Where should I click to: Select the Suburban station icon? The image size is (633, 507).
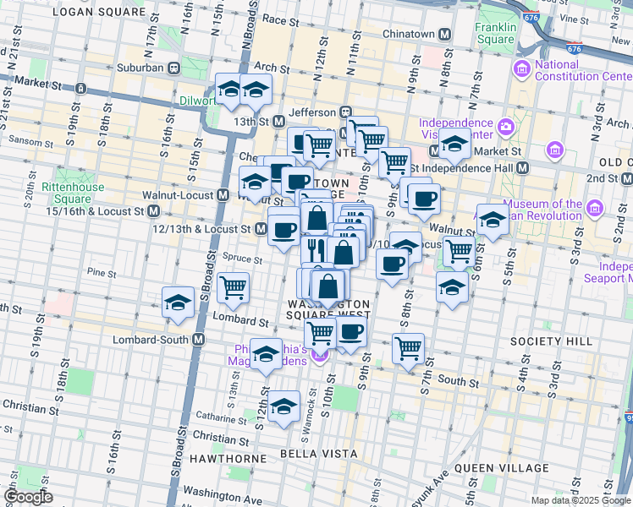[x=173, y=67]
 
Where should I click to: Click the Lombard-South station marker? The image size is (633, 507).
[x=199, y=340]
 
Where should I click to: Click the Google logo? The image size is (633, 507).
[x=29, y=497]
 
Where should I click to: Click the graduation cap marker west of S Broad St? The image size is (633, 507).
[x=179, y=303]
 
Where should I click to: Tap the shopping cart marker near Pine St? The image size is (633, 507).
[x=233, y=286]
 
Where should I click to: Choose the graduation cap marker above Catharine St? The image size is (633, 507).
[x=284, y=404]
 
